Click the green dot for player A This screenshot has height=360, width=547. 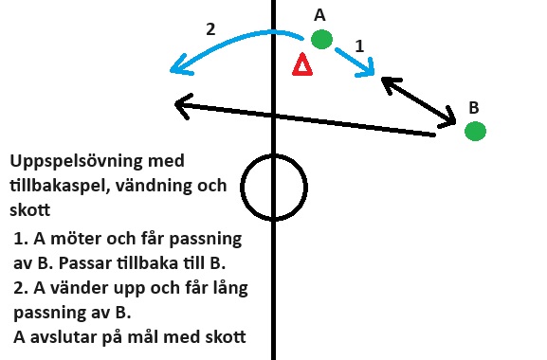(x=321, y=39)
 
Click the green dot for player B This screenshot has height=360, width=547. (x=475, y=132)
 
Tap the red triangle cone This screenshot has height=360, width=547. (x=302, y=64)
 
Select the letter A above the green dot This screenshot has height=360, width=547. (x=319, y=15)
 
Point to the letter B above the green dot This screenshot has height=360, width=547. (x=474, y=108)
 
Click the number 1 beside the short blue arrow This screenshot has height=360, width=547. (x=359, y=46)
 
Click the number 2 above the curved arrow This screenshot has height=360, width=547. (x=210, y=29)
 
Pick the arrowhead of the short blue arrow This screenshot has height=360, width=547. (x=367, y=70)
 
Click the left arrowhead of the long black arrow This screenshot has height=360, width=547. (x=182, y=104)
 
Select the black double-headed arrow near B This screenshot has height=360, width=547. (x=419, y=101)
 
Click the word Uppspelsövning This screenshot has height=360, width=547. (x=76, y=161)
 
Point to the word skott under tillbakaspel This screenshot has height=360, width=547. (x=30, y=210)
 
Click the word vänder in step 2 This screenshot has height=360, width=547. (x=75, y=288)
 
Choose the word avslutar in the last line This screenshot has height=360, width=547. (x=64, y=337)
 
